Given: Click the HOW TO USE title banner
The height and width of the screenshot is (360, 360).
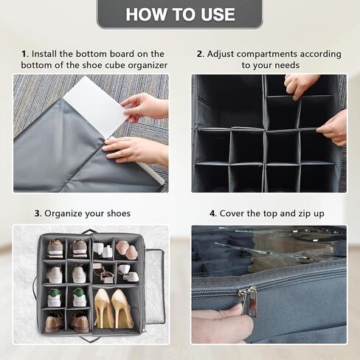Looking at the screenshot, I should click(180, 14).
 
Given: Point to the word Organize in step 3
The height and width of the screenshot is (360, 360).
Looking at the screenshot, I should click(63, 213).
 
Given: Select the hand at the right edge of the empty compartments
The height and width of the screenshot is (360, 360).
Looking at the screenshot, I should click(334, 127).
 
